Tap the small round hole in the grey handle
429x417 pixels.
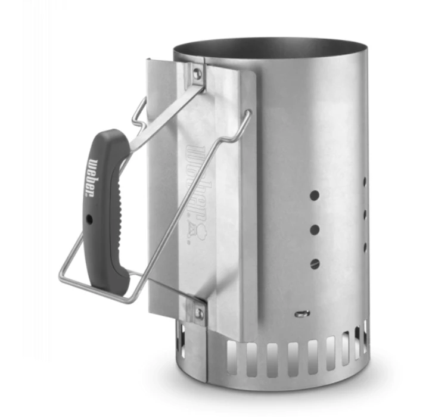pos(89,219)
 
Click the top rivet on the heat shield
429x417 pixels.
pos(197,74)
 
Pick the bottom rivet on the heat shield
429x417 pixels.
pos(200,312)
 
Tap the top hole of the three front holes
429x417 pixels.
pos(315,195)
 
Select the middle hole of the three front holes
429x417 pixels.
pos(315,229)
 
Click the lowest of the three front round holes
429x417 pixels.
pos(315,263)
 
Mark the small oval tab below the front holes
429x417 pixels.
pos(303,313)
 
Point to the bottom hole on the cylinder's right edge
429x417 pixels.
pos(364,245)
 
